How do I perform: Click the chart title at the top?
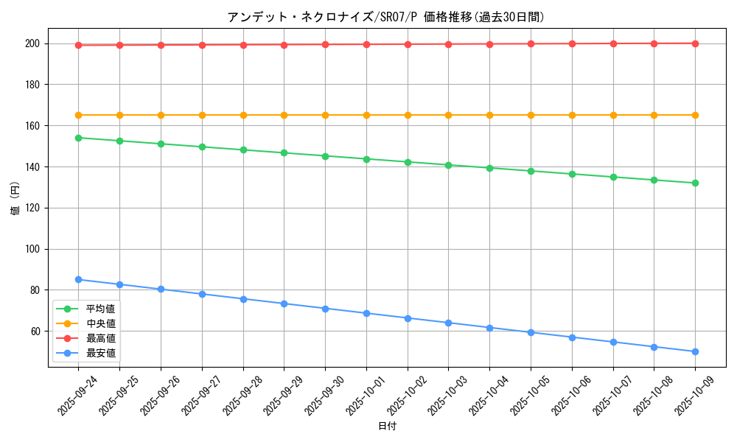[x=386, y=17]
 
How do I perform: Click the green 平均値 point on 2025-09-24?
[x=78, y=138]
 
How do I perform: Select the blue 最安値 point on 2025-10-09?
[x=695, y=351]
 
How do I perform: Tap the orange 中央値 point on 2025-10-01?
[x=366, y=115]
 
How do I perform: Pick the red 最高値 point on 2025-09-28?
[x=242, y=44]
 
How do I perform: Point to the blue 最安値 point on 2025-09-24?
[x=78, y=279]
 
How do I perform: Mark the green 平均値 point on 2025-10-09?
[x=695, y=183]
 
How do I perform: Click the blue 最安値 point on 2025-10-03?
[x=448, y=323]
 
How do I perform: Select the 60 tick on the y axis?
[x=36, y=331]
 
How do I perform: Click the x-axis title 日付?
[x=386, y=426]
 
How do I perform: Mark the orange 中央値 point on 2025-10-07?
[x=612, y=115]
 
